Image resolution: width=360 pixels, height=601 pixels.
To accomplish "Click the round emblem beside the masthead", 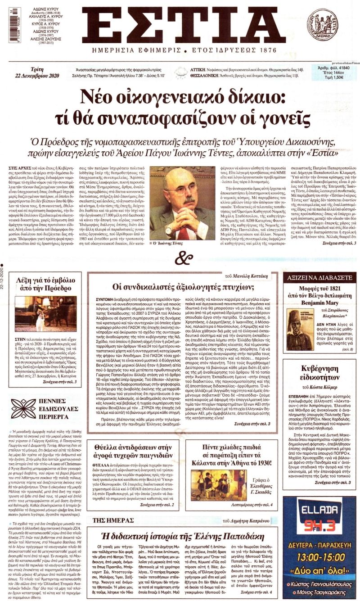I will point(322,25).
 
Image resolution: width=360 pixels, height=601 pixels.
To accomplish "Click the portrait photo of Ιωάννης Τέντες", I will point(182,203).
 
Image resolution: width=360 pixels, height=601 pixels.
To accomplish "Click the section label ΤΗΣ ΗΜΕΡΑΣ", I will point(106,520).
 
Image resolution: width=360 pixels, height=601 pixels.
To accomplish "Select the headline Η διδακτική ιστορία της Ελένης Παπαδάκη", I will point(184,536).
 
